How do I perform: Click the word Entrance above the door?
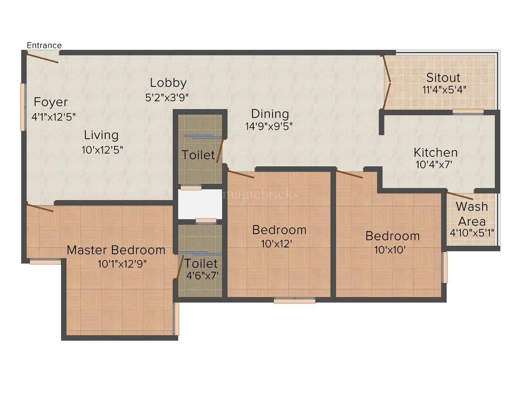[x=44, y=45]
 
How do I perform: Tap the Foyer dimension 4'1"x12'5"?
[x=53, y=117]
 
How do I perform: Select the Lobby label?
[x=168, y=83]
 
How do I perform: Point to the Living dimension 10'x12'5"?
[x=103, y=150]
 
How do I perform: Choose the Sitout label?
[x=443, y=77]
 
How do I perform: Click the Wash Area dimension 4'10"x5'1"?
[x=472, y=233]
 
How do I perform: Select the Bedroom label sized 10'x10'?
[x=392, y=236]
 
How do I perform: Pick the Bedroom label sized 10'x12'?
[x=279, y=230]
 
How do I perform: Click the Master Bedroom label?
[x=116, y=250]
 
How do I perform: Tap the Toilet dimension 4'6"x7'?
[x=202, y=275]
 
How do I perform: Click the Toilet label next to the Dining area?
[x=198, y=155]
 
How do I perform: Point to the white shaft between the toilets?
[x=200, y=204]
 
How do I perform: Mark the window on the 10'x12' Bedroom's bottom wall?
[x=295, y=301]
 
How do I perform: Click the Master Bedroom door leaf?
[x=40, y=207]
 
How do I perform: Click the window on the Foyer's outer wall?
[x=22, y=107]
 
